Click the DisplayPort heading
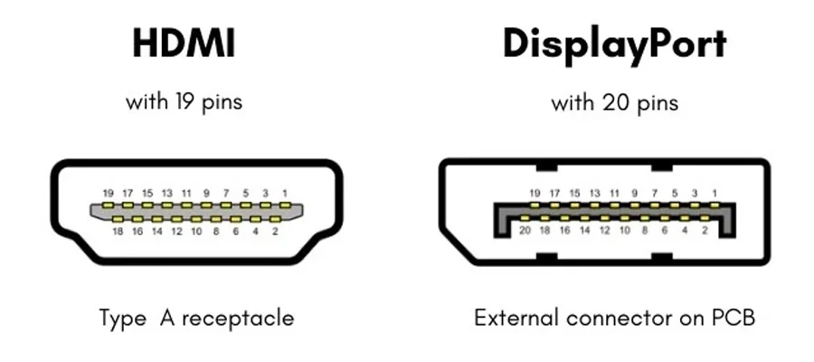(x=614, y=44)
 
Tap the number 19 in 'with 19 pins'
(x=187, y=101)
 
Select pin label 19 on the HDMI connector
(x=108, y=193)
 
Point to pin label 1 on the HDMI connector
(x=285, y=193)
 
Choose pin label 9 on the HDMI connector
(x=206, y=193)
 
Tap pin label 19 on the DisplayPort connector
(x=535, y=193)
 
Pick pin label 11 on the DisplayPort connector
(x=616, y=193)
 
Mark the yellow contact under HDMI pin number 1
(x=285, y=206)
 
